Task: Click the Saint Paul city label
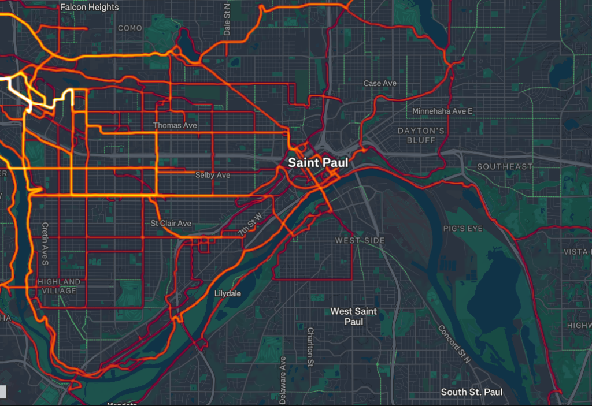pos(318,163)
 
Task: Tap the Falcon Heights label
pos(90,8)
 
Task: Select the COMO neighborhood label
pos(129,28)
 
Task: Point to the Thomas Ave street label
pos(175,125)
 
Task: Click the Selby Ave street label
pos(213,174)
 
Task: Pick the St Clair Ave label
pos(171,223)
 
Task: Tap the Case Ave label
pos(380,83)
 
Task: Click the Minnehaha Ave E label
pos(442,110)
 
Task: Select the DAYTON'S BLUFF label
pos(421,135)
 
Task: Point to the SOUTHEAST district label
pos(505,166)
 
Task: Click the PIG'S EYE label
pos(462,229)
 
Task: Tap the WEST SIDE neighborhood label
pos(360,240)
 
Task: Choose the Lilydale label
pos(227,293)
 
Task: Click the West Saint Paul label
pos(353,316)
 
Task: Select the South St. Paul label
pos(472,392)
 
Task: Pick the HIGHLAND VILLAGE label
pos(58,286)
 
